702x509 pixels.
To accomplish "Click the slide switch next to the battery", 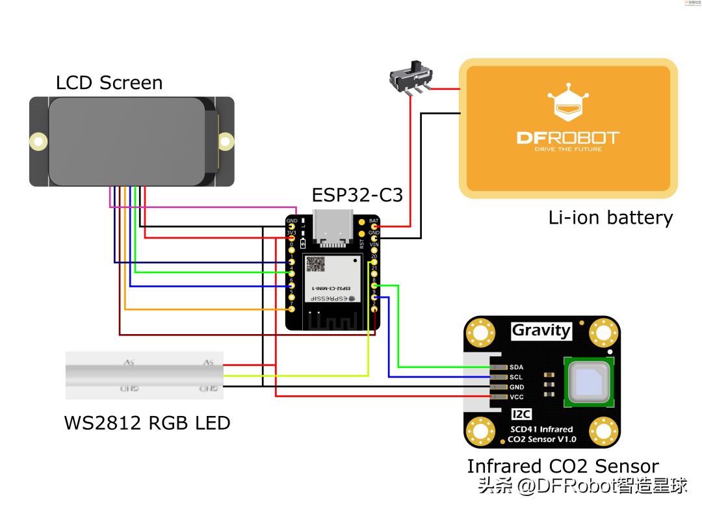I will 410,77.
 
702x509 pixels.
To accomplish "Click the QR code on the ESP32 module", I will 316,263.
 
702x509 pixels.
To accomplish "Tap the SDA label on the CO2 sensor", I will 517,367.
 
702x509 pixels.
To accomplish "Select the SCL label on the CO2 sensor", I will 517,377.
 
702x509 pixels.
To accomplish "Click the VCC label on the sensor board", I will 517,397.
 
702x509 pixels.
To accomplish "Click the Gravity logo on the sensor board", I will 541,330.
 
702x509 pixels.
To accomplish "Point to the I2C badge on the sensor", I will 522,414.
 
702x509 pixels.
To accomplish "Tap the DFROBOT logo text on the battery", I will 568,138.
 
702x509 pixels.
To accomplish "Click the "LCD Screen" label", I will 109,83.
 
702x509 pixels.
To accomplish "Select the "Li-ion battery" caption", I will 610,217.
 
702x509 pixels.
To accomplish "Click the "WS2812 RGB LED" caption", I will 147,423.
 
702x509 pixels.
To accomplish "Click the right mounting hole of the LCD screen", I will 226,140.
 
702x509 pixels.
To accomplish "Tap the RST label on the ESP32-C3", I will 362,244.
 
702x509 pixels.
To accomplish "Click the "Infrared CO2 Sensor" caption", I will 563,466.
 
